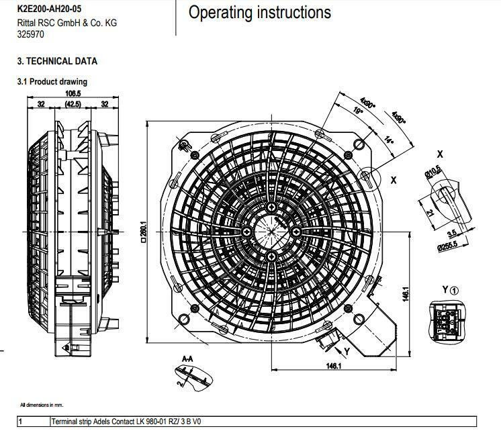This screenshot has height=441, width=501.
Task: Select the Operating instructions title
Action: tap(259, 12)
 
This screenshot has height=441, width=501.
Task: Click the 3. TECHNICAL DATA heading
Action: tap(57, 61)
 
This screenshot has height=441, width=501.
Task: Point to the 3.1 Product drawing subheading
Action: tap(52, 82)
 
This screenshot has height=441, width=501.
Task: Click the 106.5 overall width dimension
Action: tap(73, 93)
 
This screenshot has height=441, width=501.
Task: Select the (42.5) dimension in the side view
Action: tap(73, 104)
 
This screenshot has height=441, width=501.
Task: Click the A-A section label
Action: tap(187, 360)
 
